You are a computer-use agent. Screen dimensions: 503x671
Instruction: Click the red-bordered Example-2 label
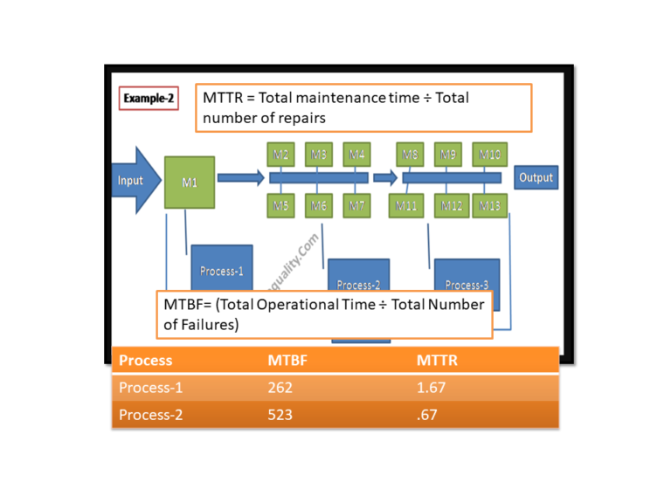tap(148, 99)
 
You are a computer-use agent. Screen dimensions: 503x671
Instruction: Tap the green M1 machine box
tap(189, 182)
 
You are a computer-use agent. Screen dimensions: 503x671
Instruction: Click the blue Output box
tap(536, 177)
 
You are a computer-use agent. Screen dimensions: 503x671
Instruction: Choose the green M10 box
tap(489, 155)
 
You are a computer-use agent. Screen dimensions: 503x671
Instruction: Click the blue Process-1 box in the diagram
tap(221, 271)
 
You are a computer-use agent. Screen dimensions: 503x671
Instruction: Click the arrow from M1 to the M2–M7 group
tap(240, 178)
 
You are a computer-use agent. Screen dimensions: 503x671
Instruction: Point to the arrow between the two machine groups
tap(384, 178)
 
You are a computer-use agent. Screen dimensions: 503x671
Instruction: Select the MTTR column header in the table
tap(437, 360)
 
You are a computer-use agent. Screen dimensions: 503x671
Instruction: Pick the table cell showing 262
tap(280, 388)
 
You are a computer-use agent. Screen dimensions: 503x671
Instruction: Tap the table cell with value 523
tap(280, 415)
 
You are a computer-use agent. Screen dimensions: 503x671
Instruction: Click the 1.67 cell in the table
tap(431, 388)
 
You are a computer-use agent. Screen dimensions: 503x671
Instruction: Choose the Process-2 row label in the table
tap(150, 415)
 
